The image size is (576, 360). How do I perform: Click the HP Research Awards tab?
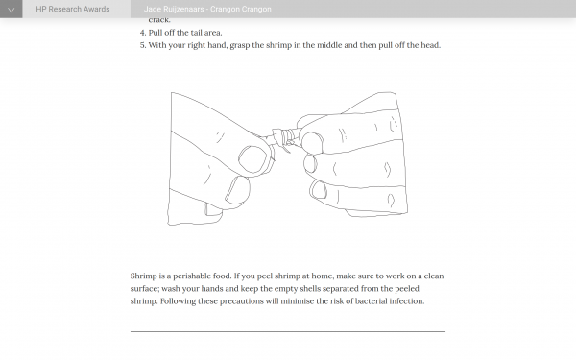(x=73, y=9)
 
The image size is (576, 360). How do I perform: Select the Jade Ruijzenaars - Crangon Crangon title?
(x=207, y=9)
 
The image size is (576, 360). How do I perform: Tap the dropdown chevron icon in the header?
(x=11, y=10)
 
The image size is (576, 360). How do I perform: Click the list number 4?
(x=142, y=33)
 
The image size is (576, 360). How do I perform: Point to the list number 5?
(x=142, y=45)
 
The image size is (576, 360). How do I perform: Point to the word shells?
(x=310, y=289)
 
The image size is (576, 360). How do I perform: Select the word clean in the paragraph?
(x=434, y=276)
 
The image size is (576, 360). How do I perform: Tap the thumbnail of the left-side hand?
(x=252, y=159)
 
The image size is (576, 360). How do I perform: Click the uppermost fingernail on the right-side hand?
(x=311, y=142)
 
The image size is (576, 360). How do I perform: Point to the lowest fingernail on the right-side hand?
(x=318, y=190)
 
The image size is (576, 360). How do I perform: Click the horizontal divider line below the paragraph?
(x=288, y=332)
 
